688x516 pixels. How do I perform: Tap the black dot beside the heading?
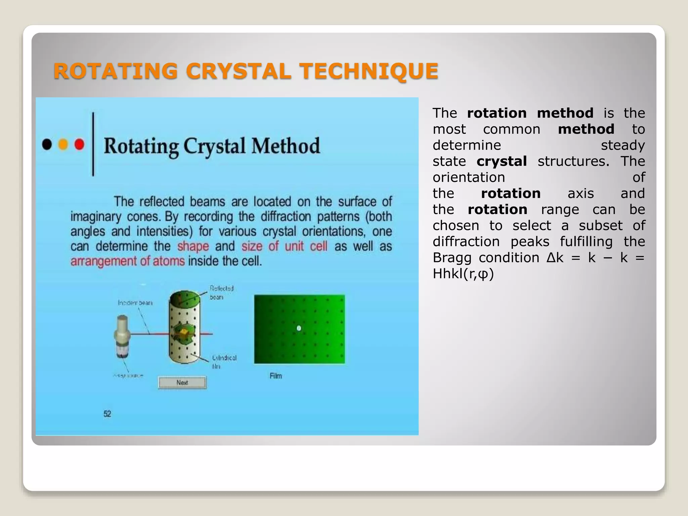pos(47,144)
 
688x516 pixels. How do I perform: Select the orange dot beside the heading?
pos(63,144)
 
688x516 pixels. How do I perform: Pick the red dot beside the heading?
pos(79,144)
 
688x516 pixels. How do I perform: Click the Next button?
pos(182,383)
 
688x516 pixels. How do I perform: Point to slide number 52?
pos(107,414)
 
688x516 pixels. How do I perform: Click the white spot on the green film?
pos(299,328)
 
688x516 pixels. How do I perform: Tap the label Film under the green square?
pos(276,376)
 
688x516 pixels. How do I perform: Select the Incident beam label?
pos(135,303)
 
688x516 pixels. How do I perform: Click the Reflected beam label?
pos(221,292)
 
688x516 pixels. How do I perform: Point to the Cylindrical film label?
pos(224,361)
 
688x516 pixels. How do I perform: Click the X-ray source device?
pos(122,336)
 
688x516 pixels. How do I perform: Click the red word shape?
pos(193,246)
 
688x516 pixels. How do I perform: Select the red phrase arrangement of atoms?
pos(128,261)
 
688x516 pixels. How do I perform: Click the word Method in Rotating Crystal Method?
pos(286,146)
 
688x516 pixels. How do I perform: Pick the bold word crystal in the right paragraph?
pos(502,161)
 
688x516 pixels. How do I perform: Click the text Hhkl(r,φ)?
pos(463,274)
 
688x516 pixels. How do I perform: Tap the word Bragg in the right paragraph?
pos(452,258)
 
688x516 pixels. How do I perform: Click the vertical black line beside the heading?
pos(93,144)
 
